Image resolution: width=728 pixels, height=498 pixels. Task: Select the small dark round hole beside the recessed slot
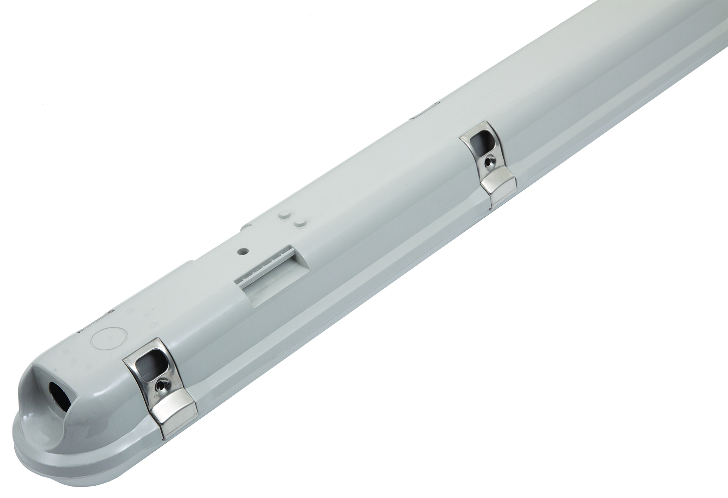click(243, 249)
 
